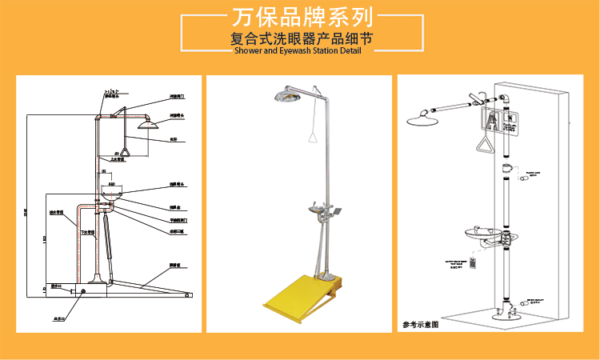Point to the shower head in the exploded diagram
pyautogui.click(x=425, y=120)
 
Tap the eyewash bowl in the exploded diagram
pyautogui.click(x=483, y=233)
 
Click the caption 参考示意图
pyautogui.click(x=422, y=325)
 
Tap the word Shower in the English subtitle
pyautogui.click(x=247, y=51)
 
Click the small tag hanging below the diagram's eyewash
pyautogui.click(x=474, y=262)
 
